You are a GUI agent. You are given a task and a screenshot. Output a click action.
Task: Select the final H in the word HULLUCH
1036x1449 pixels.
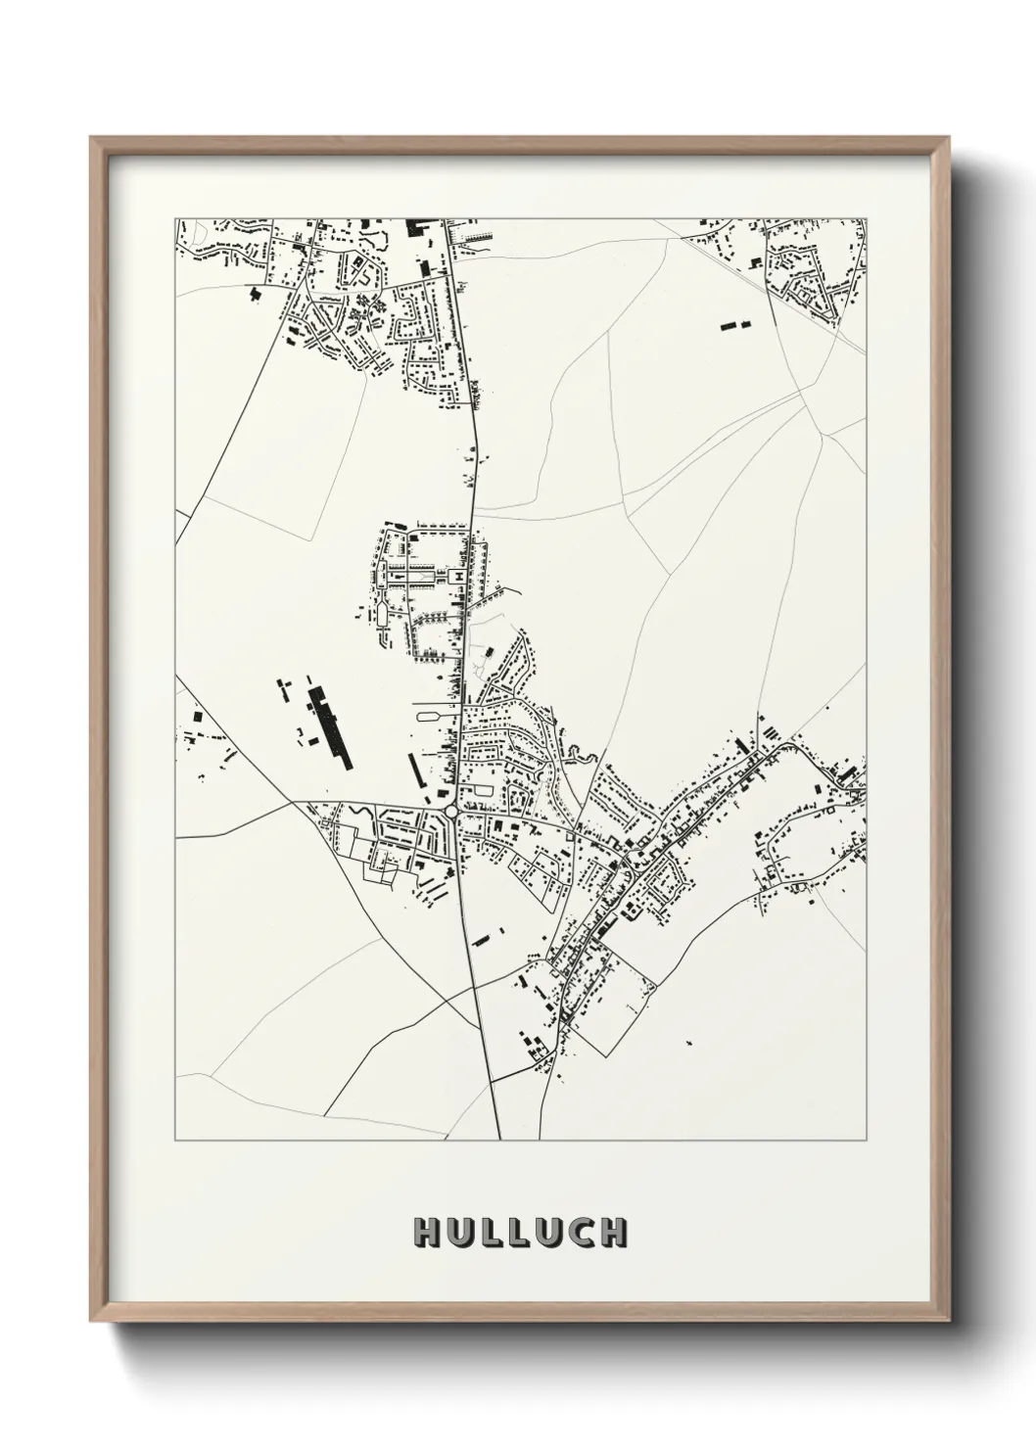pyautogui.click(x=612, y=1232)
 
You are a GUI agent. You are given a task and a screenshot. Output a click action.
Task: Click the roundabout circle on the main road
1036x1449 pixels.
pyautogui.click(x=451, y=812)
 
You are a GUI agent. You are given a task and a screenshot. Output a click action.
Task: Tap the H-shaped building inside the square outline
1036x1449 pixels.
pyautogui.click(x=456, y=579)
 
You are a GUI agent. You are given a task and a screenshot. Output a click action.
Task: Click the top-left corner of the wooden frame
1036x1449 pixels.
pyautogui.click(x=91, y=138)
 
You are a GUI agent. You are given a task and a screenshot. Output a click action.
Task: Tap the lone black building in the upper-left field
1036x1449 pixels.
pyautogui.click(x=257, y=292)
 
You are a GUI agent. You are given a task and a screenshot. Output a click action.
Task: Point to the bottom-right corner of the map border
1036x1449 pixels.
pyautogui.click(x=866, y=1140)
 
